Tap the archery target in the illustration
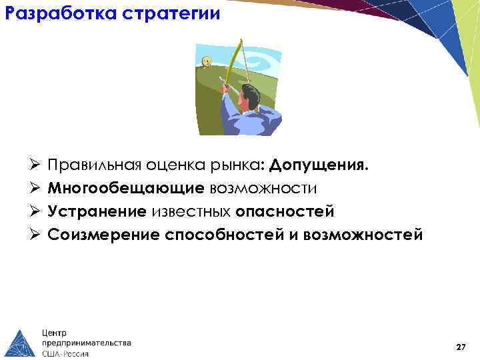[x=206, y=62]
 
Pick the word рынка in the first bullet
[x=240, y=165]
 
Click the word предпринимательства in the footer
[x=87, y=343]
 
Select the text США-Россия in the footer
[x=65, y=353]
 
